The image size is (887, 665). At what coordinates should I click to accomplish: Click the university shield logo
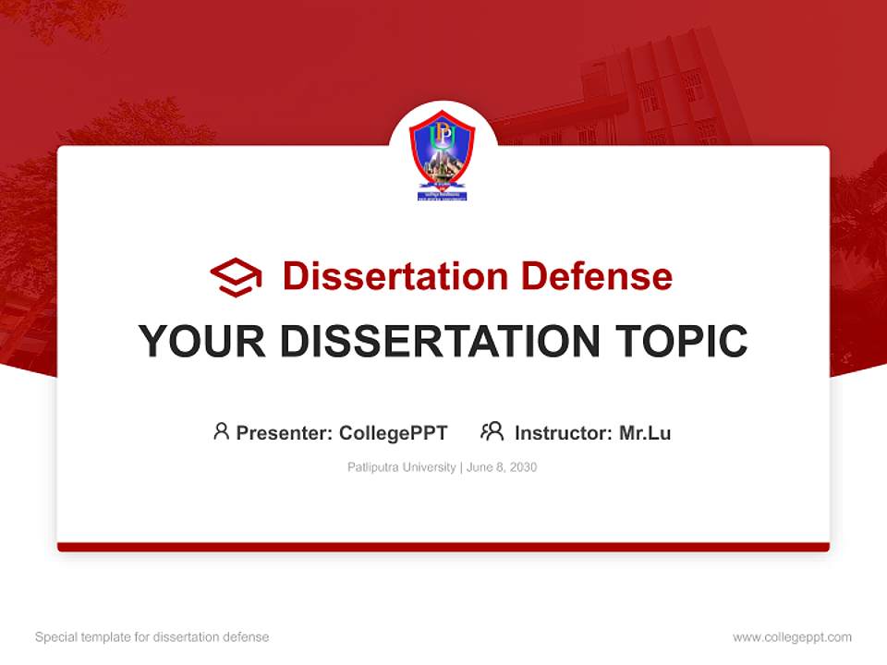click(x=443, y=154)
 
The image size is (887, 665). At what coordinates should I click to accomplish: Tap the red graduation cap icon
click(x=236, y=276)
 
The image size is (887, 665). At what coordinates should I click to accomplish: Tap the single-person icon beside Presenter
click(x=221, y=431)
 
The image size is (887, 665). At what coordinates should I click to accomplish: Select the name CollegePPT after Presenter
click(x=393, y=432)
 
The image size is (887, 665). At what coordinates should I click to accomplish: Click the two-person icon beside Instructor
click(x=492, y=431)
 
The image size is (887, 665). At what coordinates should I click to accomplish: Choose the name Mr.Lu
click(x=645, y=432)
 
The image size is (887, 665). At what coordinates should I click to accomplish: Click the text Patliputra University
click(x=401, y=467)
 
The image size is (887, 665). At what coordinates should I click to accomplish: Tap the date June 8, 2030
click(x=502, y=467)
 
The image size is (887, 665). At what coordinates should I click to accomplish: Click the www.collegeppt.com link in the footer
click(x=792, y=637)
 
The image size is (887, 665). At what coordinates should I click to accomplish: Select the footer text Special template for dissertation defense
click(x=152, y=637)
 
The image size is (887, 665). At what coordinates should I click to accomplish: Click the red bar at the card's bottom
click(x=443, y=547)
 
